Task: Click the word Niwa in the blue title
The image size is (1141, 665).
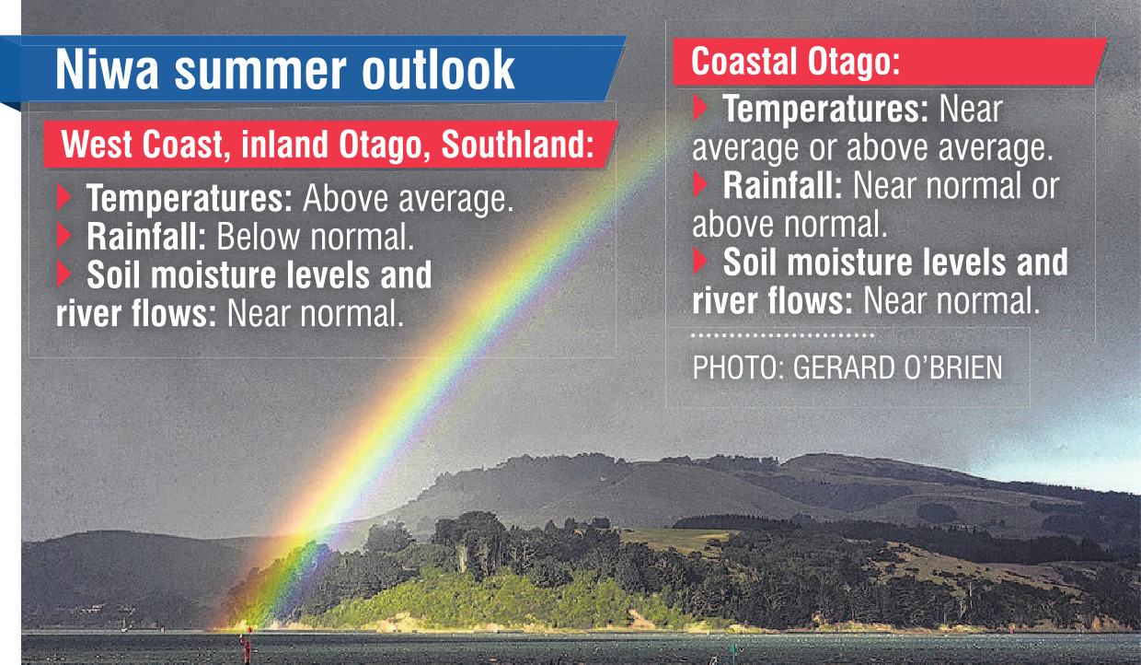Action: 107,69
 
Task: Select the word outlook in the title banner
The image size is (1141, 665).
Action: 438,69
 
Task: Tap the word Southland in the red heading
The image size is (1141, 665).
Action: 517,145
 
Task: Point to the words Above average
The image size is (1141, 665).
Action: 408,198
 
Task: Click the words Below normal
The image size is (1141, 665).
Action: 316,237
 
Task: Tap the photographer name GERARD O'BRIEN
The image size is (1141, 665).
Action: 897,367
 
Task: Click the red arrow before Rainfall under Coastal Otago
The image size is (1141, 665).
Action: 700,184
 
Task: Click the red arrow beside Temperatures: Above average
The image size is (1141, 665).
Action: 63,197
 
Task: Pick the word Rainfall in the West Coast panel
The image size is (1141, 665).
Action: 145,237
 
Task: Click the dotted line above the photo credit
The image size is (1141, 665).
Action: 783,335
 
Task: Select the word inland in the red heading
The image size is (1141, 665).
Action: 284,145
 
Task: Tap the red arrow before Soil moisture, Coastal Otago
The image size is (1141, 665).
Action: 700,261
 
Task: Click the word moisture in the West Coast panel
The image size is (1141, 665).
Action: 213,275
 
